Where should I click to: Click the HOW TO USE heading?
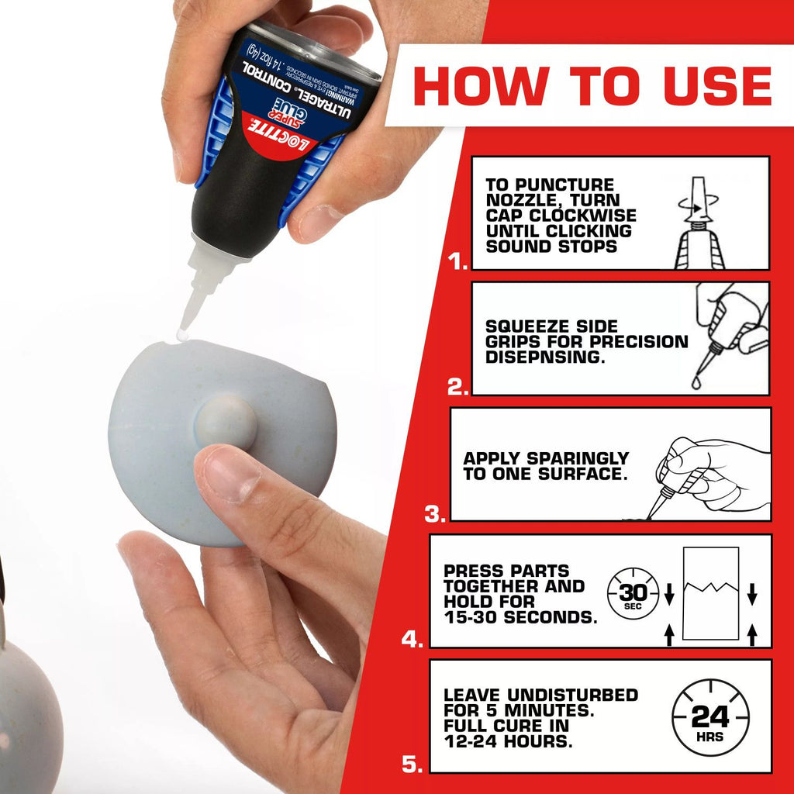592,85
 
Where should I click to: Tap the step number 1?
458,262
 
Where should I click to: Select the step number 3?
436,513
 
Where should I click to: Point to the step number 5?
413,765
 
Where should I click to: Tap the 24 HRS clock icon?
709,717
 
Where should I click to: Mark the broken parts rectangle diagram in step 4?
710,593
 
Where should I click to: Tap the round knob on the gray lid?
225,423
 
